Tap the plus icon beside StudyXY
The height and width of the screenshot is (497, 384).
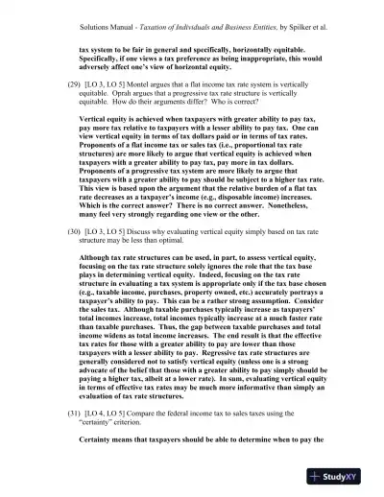(315, 480)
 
